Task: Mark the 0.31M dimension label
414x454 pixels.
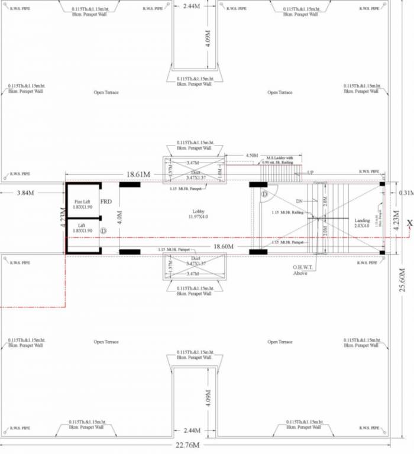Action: tap(406, 193)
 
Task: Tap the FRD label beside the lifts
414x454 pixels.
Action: tap(106, 202)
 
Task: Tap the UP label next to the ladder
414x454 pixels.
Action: tap(310, 173)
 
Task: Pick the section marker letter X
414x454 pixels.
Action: tap(409, 222)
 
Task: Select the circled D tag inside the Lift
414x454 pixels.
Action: tap(103, 230)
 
